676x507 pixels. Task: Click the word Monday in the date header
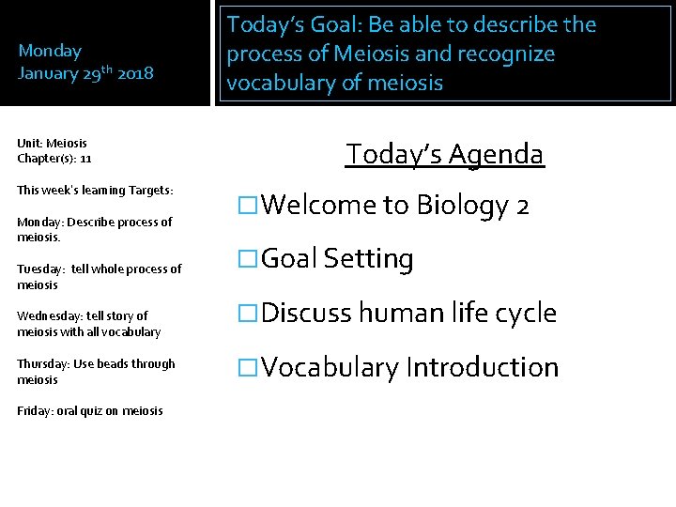(50, 51)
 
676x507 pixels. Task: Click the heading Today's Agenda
(444, 153)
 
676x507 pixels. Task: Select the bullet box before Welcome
(248, 205)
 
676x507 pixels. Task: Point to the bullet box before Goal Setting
(248, 259)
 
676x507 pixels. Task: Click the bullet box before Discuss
(248, 314)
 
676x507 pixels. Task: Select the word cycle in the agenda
(520, 314)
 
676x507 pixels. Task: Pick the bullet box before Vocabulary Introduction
(248, 368)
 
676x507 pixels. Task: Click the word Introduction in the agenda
(482, 368)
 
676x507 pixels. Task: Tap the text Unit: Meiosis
(52, 144)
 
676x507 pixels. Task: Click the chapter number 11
(85, 159)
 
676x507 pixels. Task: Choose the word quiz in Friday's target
(93, 411)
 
